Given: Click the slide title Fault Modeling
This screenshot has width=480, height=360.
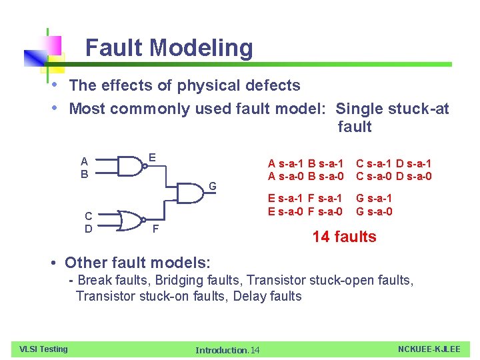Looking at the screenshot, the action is click(x=169, y=48).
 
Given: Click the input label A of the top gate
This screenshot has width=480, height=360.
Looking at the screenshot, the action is click(x=84, y=161).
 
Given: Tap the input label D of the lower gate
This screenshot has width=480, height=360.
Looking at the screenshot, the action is click(x=88, y=229).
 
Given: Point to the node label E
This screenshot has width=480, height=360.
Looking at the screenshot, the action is click(x=152, y=158).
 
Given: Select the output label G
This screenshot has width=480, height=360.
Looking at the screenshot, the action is click(x=213, y=185).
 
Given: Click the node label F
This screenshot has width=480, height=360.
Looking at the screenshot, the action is click(x=155, y=230).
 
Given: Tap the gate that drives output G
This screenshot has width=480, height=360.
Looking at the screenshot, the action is click(x=191, y=193).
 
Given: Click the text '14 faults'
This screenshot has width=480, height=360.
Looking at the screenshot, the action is click(x=344, y=237).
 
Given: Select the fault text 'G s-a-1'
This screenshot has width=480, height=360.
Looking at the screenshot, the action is click(x=374, y=199).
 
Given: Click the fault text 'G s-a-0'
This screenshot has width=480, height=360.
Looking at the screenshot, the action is click(x=374, y=212).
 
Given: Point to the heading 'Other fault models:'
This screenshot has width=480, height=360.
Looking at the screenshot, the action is click(x=137, y=262).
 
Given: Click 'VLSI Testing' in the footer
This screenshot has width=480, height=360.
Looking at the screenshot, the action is click(x=43, y=349).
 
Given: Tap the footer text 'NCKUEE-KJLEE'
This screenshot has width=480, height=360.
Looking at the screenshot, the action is click(x=429, y=349).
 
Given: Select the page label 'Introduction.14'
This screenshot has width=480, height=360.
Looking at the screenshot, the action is click(x=227, y=350).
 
